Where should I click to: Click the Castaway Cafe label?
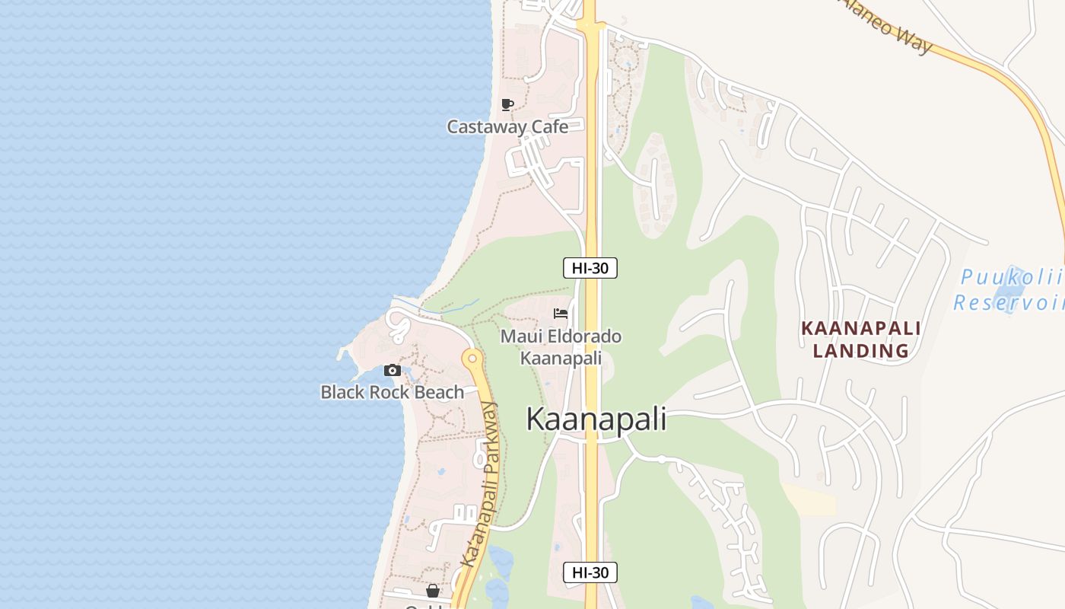507,126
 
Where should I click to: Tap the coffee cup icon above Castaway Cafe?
507,104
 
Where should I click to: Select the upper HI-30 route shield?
590,268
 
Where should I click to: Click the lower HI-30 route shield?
590,572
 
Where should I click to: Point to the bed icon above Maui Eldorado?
561,314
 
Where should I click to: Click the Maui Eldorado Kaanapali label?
561,346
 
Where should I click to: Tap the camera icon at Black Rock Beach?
393,371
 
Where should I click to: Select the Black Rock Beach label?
392,392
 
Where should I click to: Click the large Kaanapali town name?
596,419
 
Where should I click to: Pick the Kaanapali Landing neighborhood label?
861,340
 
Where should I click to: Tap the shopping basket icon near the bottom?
433,591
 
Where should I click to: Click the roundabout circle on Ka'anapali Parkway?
472,357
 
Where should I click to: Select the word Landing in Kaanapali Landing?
861,351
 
